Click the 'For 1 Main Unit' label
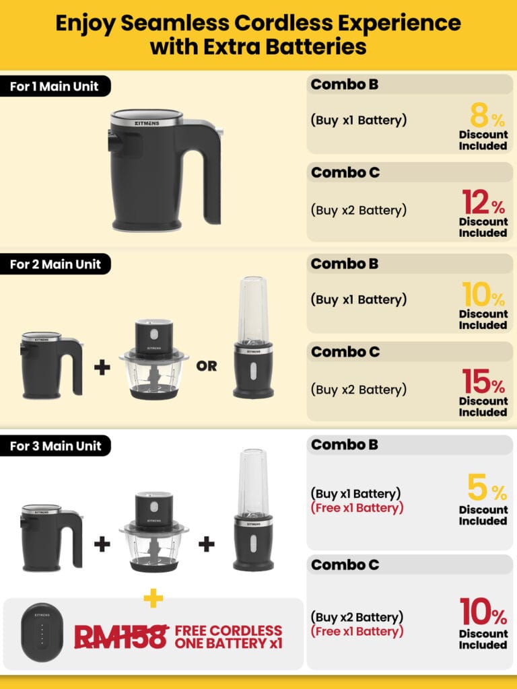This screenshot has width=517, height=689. pyautogui.click(x=54, y=87)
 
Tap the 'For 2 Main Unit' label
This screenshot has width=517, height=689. pyautogui.click(x=55, y=264)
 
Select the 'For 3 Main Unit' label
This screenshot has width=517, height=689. pyautogui.click(x=55, y=446)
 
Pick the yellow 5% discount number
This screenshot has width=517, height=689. pyautogui.click(x=487, y=487)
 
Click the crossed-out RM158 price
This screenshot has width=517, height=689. pyautogui.click(x=121, y=637)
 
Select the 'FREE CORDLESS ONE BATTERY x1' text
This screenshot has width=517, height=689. pyautogui.click(x=228, y=637)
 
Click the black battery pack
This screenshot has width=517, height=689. pyautogui.click(x=42, y=630)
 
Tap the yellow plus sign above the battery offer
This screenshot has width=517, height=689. pyautogui.click(x=153, y=598)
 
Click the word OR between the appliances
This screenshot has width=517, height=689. pyautogui.click(x=207, y=366)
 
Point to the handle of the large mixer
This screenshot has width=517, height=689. pyautogui.click(x=206, y=172)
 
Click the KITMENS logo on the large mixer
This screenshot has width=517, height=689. pyautogui.click(x=147, y=124)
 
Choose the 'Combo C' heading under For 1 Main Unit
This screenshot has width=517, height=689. pyautogui.click(x=345, y=172)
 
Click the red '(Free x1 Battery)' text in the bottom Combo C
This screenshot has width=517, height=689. pyautogui.click(x=357, y=631)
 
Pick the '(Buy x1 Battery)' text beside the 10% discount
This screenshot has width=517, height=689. pyautogui.click(x=359, y=299)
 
